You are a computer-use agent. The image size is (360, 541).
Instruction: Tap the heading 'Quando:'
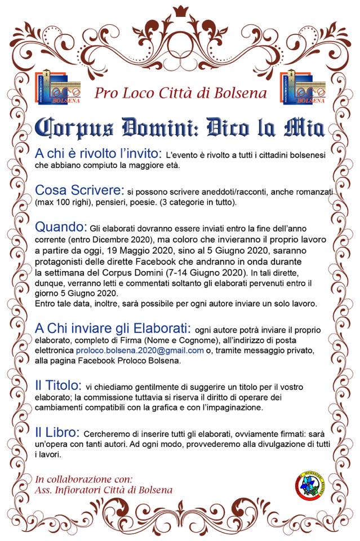[61, 228]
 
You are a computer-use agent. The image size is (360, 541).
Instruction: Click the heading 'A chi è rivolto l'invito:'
[99, 153]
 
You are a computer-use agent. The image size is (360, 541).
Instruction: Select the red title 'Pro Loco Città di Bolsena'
[180, 92]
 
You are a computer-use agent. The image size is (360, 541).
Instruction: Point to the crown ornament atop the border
[181, 11]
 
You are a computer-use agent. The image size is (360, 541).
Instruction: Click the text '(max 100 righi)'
[61, 202]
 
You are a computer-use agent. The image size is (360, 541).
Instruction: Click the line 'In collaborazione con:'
[84, 479]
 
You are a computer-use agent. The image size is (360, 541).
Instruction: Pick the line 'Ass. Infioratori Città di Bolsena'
[104, 490]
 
